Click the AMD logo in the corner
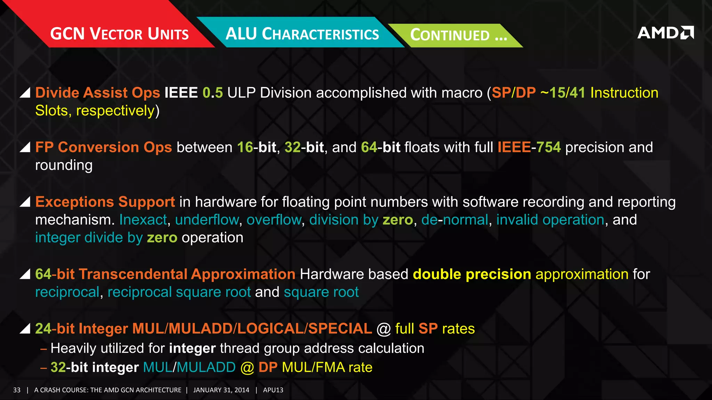coord(665,33)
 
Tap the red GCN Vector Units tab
coord(119,34)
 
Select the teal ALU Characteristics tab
coord(302,34)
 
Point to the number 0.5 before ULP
coord(212,93)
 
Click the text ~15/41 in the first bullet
coord(563,93)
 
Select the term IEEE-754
coord(529,147)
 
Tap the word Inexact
coord(143,220)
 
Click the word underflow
coord(207,220)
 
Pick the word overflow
coord(274,220)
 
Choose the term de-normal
coord(455,220)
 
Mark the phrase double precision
coord(472,274)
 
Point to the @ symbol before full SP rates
coord(383,329)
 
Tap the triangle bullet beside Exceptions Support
coord(25,201)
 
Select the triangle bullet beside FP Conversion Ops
coord(25,147)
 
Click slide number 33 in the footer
coord(17,390)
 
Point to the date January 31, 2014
coord(221,390)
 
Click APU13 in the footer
coord(273,390)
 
